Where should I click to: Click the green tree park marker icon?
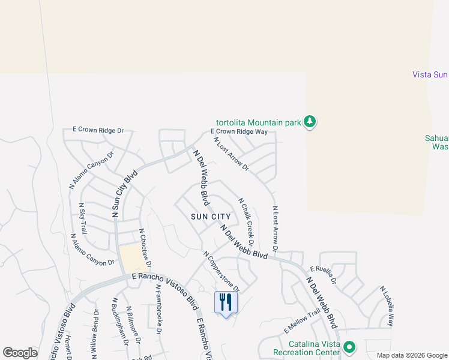(x=310, y=122)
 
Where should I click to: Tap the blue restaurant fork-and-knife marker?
(x=226, y=302)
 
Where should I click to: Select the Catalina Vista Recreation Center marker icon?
(x=349, y=347)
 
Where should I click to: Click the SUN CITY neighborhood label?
(x=211, y=216)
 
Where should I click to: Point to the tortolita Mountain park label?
(x=259, y=122)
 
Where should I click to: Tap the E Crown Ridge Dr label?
(x=98, y=130)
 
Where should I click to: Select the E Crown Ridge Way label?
(x=238, y=131)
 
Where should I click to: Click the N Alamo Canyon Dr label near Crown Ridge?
(x=91, y=170)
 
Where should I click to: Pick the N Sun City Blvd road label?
(x=124, y=193)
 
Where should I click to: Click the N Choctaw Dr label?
(x=145, y=248)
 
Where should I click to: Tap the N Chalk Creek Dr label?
(x=246, y=222)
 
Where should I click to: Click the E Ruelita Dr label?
(x=323, y=276)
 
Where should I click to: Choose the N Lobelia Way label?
(x=387, y=306)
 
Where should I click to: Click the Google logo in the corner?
(x=20, y=353)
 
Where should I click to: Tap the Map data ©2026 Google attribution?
(x=411, y=355)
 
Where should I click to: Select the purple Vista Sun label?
(x=430, y=74)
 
